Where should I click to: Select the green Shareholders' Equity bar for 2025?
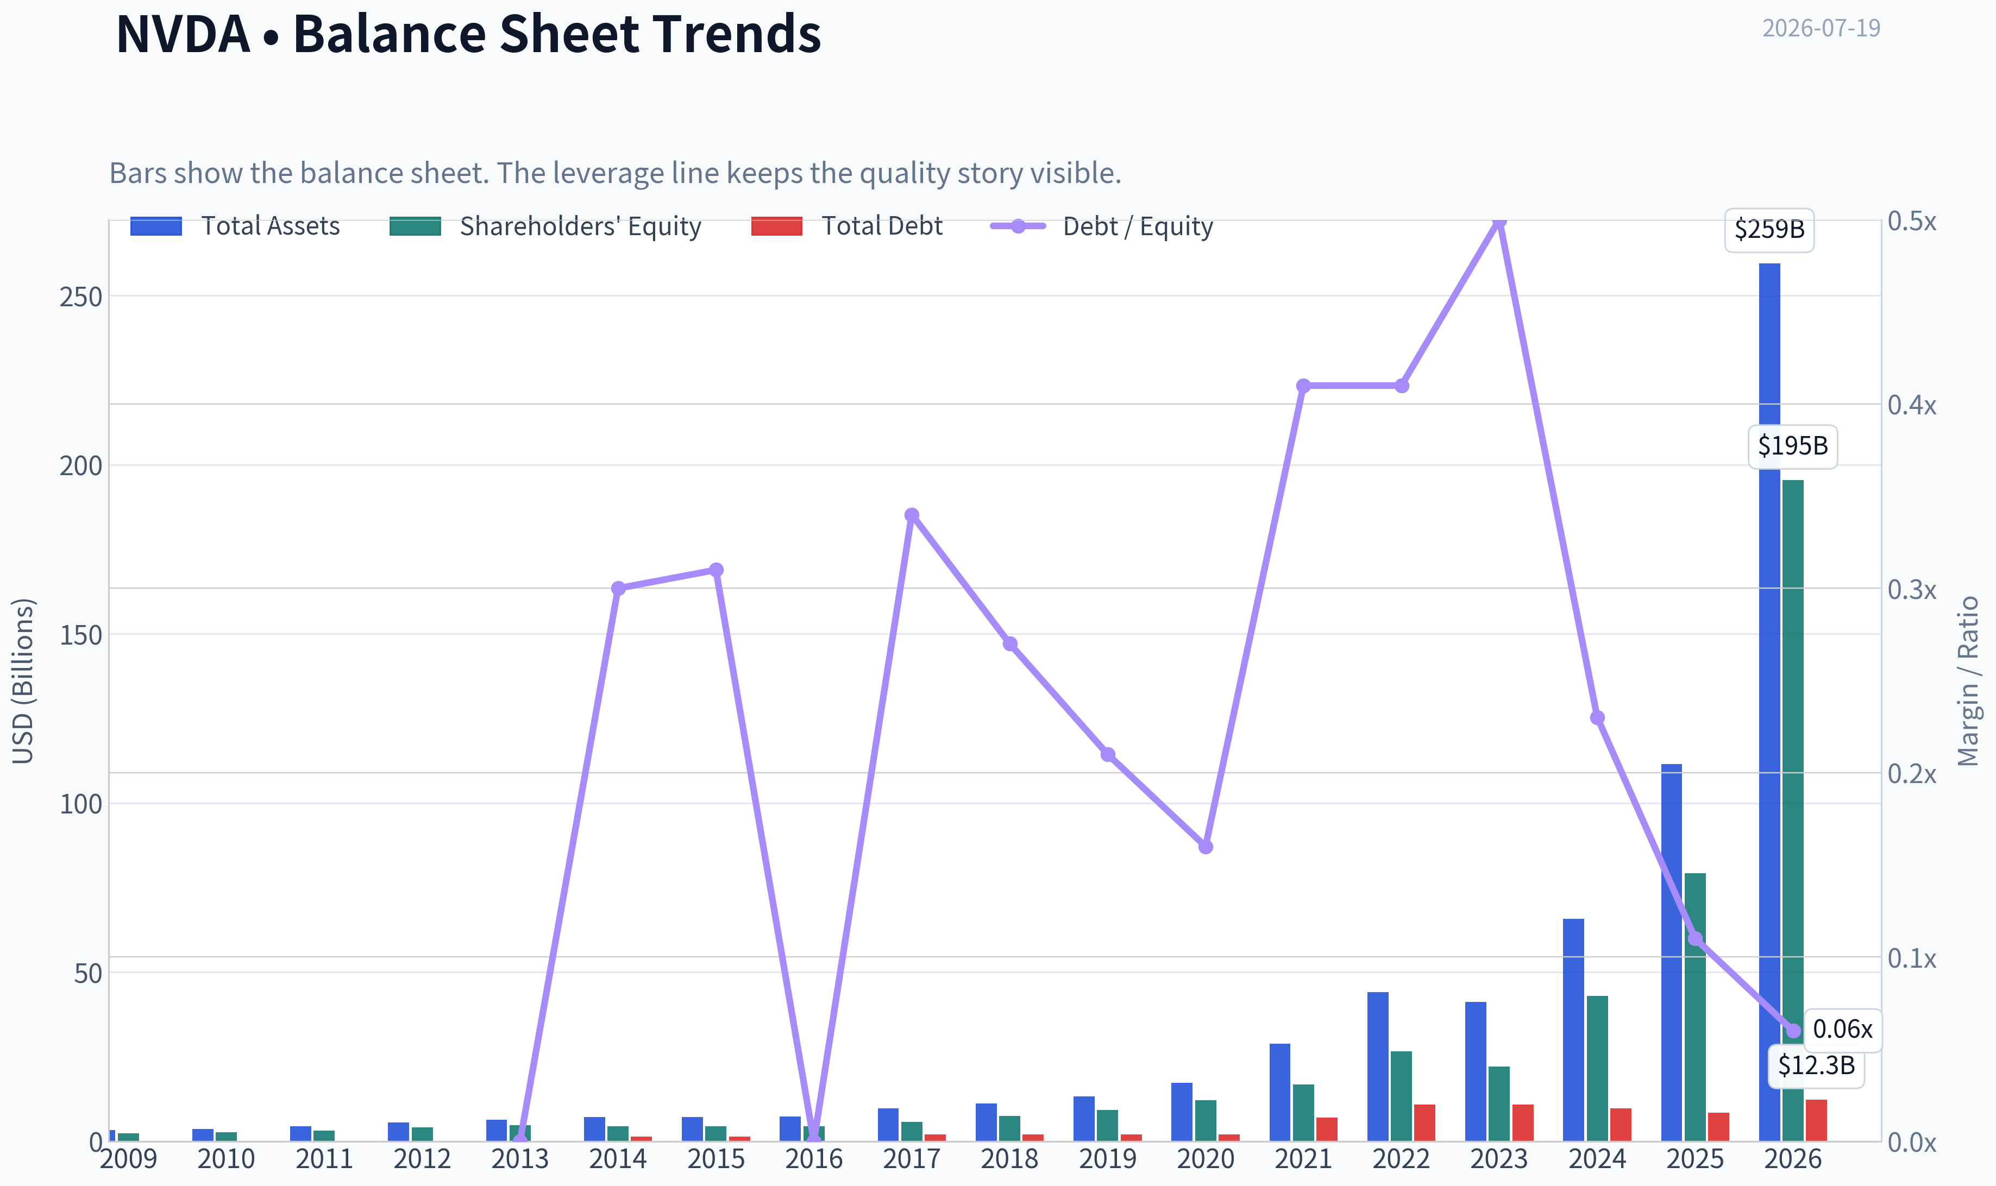[x=1694, y=1007]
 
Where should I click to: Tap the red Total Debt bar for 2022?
[x=1424, y=1123]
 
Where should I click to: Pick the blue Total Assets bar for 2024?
[x=1573, y=1030]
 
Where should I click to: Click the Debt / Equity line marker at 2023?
[x=1499, y=220]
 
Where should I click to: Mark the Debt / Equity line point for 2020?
[x=1206, y=847]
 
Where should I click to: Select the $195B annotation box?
[x=1793, y=446]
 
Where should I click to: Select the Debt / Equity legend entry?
[x=1102, y=226]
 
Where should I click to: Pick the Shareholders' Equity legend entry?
[x=545, y=226]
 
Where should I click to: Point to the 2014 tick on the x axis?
[x=618, y=1159]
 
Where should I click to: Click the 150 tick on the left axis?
[x=81, y=635]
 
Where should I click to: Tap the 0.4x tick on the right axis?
[x=1912, y=405]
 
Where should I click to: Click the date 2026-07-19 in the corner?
[x=1821, y=28]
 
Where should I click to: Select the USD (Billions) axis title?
[x=23, y=681]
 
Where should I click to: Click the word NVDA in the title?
[x=183, y=34]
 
